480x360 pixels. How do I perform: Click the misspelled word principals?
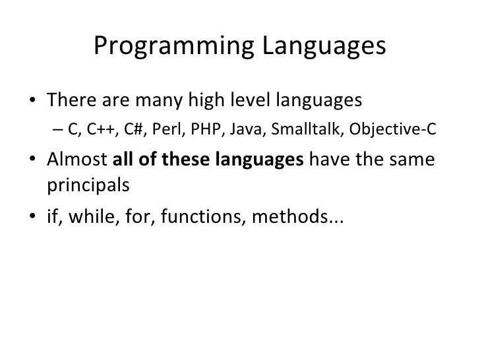click(88, 185)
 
